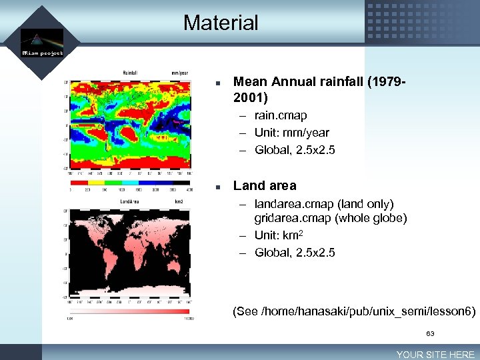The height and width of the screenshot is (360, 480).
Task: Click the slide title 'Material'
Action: (x=221, y=23)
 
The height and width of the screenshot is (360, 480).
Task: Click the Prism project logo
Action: (x=41, y=43)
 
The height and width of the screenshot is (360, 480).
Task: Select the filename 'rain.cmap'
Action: (x=281, y=115)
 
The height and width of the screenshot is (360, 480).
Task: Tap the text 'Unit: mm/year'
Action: (x=291, y=133)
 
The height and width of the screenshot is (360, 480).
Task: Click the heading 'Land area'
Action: (x=265, y=185)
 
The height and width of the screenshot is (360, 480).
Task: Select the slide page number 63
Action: (x=431, y=333)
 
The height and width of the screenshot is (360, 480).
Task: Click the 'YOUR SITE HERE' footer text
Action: (x=435, y=355)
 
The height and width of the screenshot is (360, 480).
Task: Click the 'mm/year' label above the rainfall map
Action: (x=179, y=73)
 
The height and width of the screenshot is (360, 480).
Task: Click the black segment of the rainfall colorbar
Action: (x=181, y=181)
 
